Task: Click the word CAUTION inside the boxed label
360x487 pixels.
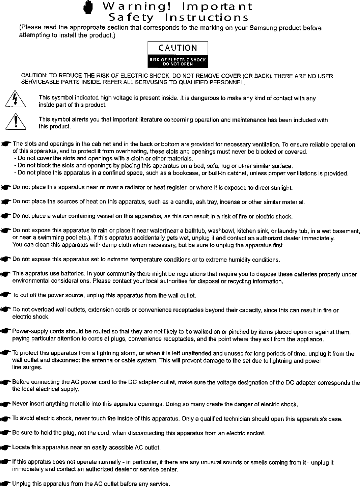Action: [178, 48]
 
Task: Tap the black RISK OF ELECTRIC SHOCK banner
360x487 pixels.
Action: [178, 61]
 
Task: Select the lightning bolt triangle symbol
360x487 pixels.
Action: [16, 100]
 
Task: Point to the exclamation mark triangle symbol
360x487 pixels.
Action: [16, 122]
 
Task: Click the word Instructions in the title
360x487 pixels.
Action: [206, 17]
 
